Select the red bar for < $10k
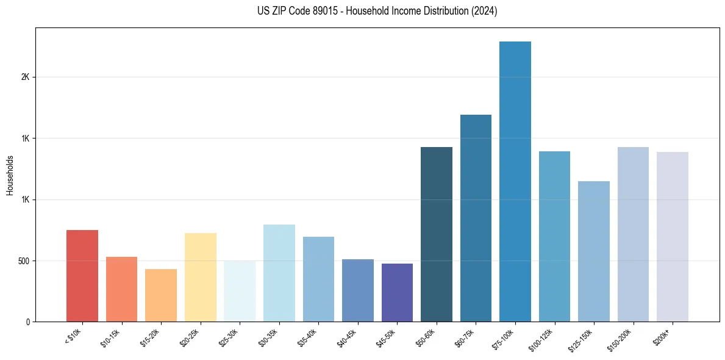82,276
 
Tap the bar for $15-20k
161,295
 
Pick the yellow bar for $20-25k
201,278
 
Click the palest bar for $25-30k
240,291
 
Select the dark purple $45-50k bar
397,293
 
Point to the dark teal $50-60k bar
437,234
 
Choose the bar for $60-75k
476,218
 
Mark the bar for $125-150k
594,251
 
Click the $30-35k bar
279,273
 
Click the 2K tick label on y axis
25,77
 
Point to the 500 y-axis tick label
23,261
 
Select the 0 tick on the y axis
27,322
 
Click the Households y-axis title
10,175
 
